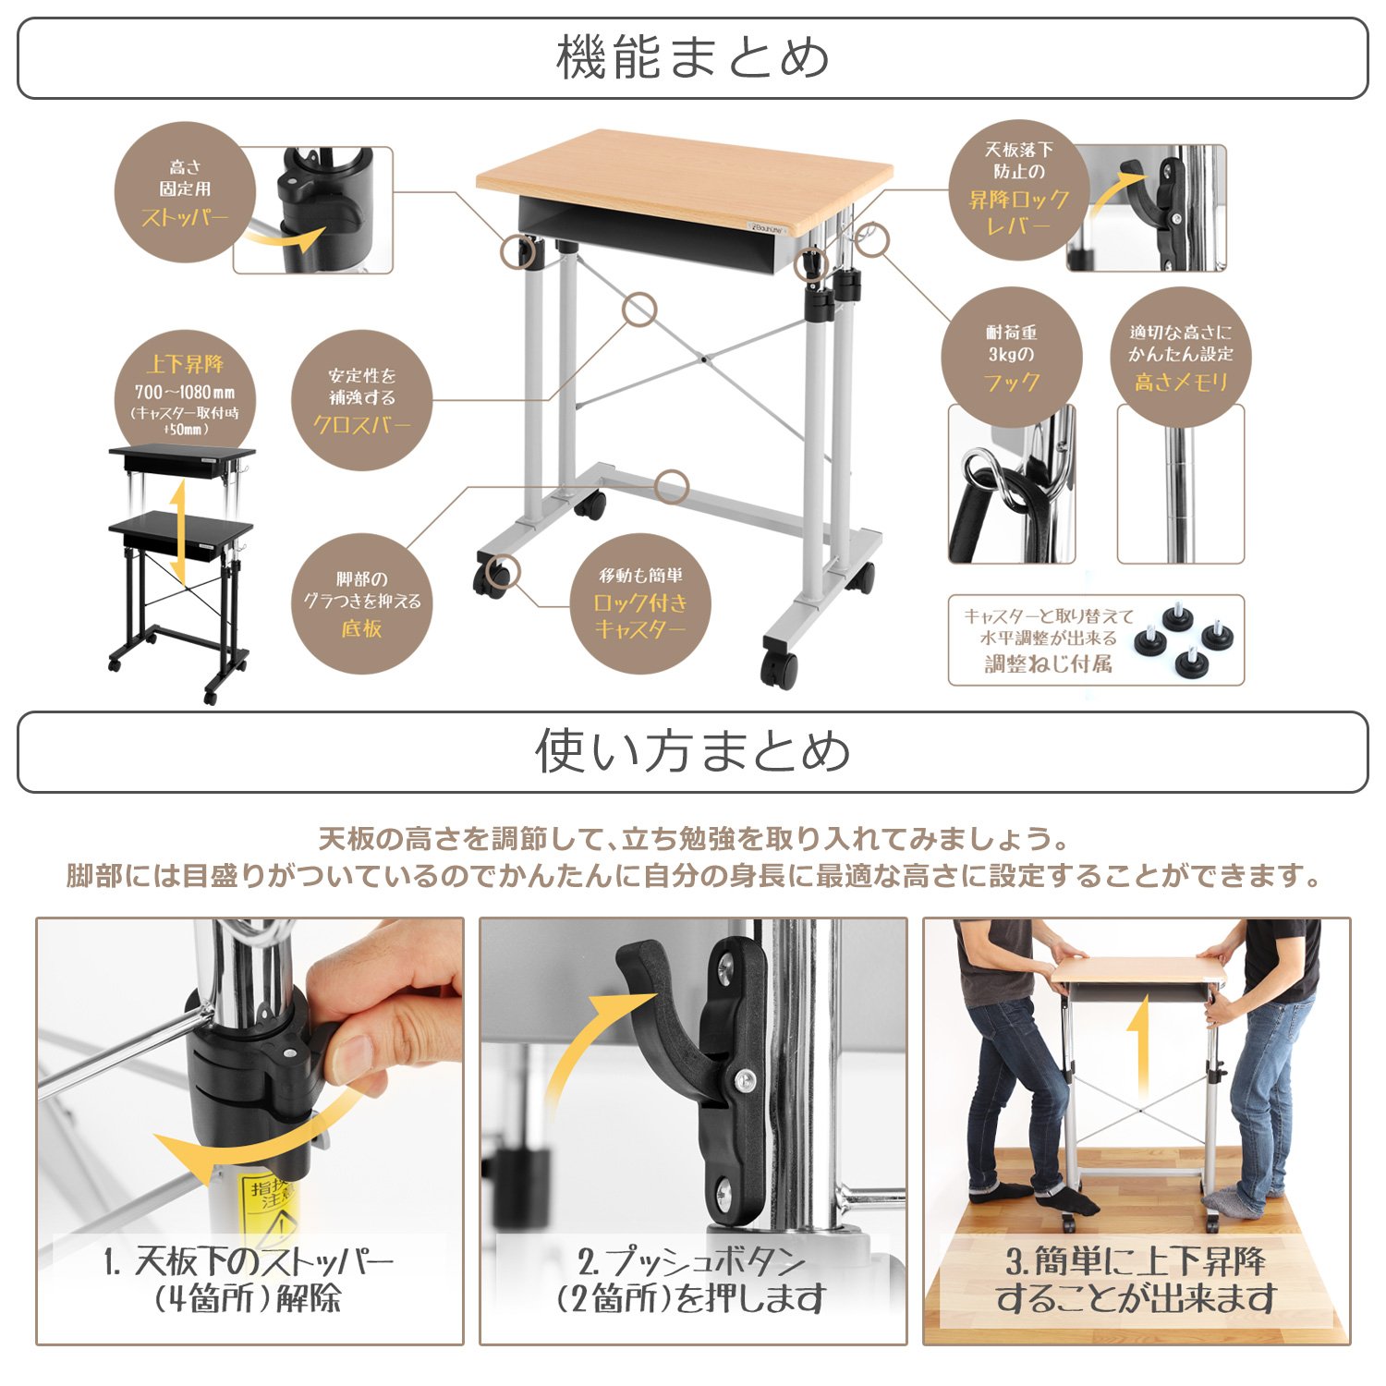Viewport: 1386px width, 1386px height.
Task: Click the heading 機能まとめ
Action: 692,58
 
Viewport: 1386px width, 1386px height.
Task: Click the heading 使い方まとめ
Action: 692,750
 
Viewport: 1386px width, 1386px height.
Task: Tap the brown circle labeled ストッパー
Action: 185,192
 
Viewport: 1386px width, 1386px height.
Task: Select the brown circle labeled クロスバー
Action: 361,400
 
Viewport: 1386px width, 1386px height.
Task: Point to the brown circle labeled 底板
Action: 361,603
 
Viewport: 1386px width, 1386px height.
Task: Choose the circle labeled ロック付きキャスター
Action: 640,603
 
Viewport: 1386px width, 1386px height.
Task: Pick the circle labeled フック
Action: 1011,357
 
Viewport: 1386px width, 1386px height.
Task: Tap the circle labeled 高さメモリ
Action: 1180,357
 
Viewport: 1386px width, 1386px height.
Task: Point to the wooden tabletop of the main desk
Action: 684,176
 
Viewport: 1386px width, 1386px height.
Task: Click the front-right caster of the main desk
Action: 779,667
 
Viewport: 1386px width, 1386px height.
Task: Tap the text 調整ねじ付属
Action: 1048,663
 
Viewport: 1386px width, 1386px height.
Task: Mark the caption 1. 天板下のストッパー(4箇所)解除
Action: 249,1280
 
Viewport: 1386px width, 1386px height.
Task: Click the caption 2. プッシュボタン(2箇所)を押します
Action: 692,1280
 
